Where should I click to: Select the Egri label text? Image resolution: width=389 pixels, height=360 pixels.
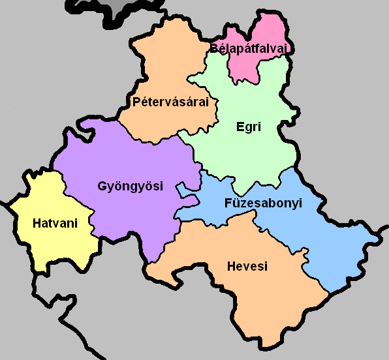coord(248,127)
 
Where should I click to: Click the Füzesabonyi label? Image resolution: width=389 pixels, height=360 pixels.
coord(263,203)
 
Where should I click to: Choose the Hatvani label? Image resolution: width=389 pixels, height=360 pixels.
coord(55,224)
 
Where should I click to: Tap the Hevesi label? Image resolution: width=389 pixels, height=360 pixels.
coord(247,266)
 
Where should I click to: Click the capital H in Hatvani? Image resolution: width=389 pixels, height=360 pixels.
coord(37,224)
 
